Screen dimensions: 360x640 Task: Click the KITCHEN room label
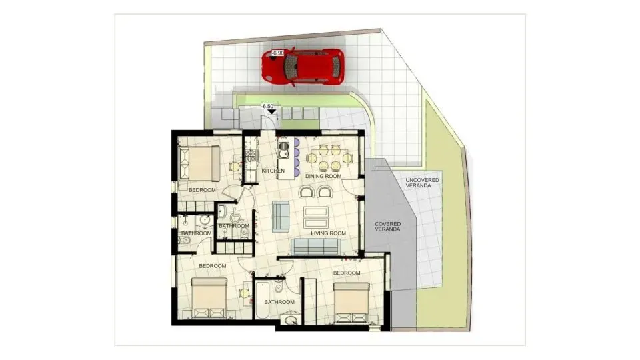point(273,171)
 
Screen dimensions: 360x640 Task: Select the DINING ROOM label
point(323,177)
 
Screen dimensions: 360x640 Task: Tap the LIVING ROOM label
point(328,233)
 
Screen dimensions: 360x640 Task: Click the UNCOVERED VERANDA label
point(418,183)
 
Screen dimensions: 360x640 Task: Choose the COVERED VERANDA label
point(387,226)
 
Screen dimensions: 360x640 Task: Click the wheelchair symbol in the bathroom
point(234,215)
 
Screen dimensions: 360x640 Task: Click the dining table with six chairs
point(327,158)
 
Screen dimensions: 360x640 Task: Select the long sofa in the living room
point(316,247)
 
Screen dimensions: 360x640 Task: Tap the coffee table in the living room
point(315,217)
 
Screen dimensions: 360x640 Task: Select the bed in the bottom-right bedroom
point(351,303)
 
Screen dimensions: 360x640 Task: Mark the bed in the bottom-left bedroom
point(209,297)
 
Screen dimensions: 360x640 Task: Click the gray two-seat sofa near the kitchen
point(281,215)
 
